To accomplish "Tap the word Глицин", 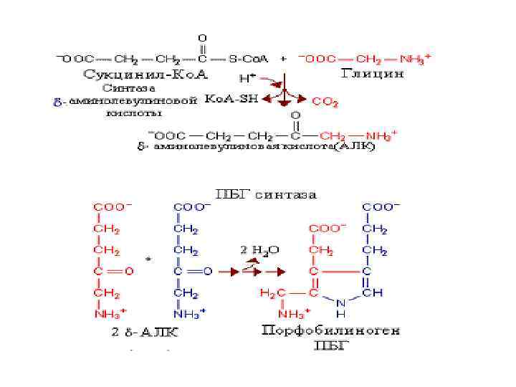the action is point(372,72).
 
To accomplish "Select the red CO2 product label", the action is point(325,103).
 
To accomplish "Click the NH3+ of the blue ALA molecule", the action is point(189,314).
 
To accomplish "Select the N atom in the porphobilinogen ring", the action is point(342,304).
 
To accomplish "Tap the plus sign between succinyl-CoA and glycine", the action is point(284,57).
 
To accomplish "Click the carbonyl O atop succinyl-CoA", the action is point(201,36).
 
